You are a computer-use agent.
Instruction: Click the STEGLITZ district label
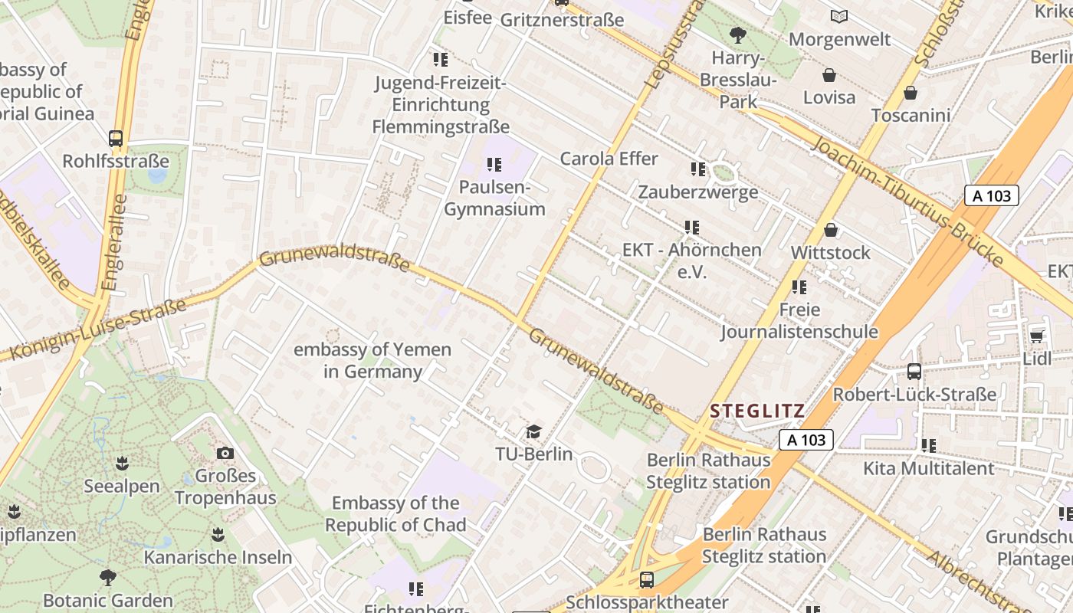[757, 411]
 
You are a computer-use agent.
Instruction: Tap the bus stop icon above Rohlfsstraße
[116, 139]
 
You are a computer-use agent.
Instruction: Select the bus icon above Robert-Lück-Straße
[914, 372]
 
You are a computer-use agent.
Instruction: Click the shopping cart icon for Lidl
[1037, 336]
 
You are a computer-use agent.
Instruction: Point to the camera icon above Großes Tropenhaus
[225, 453]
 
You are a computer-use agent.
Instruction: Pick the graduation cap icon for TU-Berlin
[533, 431]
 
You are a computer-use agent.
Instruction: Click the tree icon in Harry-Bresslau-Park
[738, 34]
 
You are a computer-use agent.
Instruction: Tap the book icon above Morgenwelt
[839, 16]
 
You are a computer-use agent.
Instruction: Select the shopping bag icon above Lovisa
[829, 75]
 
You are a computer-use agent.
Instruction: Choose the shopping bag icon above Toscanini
[910, 93]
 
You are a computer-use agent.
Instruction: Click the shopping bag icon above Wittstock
[831, 230]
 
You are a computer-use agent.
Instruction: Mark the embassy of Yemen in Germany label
[372, 361]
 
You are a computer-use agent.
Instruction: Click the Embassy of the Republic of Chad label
[395, 514]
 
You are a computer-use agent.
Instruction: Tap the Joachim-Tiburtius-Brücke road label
[907, 202]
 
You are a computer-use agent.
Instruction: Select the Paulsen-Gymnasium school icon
[494, 165]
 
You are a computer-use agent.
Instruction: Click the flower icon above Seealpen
[121, 464]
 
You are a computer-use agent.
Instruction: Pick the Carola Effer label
[609, 159]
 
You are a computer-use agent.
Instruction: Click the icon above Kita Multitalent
[928, 445]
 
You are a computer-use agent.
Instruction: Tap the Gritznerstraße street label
[562, 20]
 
